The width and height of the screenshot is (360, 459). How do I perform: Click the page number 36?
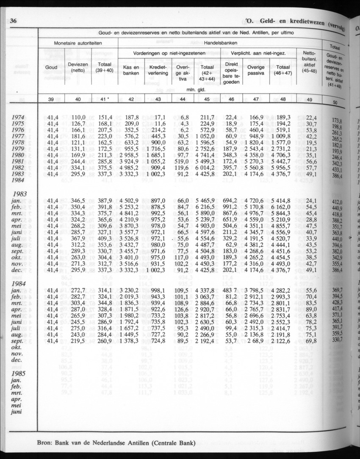point(12,21)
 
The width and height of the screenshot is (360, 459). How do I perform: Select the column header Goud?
point(51,68)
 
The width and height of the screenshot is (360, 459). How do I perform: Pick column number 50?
point(335,103)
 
